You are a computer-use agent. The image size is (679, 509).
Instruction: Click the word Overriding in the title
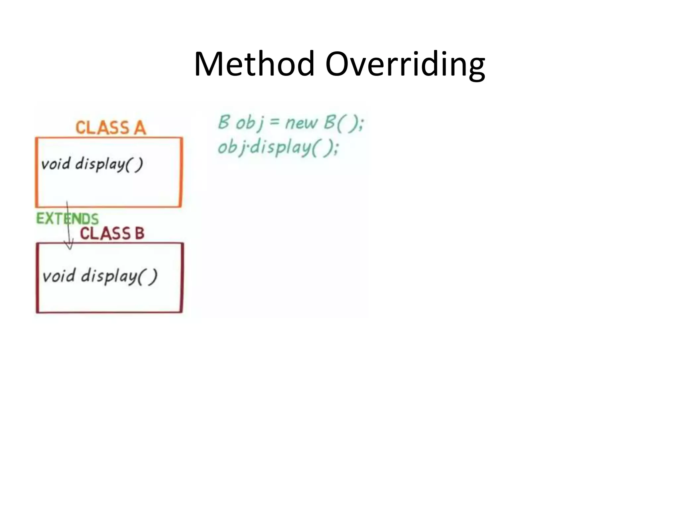pyautogui.click(x=405, y=64)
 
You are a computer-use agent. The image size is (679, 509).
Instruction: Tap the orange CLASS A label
pyautogui.click(x=111, y=128)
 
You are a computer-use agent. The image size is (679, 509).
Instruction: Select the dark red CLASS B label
pyautogui.click(x=112, y=233)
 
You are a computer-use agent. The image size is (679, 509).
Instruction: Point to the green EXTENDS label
pyautogui.click(x=67, y=219)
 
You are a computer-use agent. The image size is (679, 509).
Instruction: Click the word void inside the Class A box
pyautogui.click(x=56, y=164)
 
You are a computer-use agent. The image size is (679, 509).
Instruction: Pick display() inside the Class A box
pyautogui.click(x=109, y=164)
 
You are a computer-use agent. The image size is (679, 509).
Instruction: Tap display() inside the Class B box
pyautogui.click(x=119, y=276)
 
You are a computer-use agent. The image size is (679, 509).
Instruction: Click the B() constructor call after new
pyautogui.click(x=343, y=123)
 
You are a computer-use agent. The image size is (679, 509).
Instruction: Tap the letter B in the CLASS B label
pyautogui.click(x=140, y=233)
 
